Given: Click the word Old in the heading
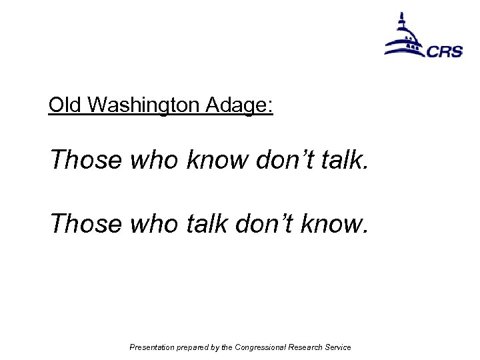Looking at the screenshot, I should point(65,105).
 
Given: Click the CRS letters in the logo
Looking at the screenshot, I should point(445,51).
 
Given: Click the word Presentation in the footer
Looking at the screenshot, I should point(151,347).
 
